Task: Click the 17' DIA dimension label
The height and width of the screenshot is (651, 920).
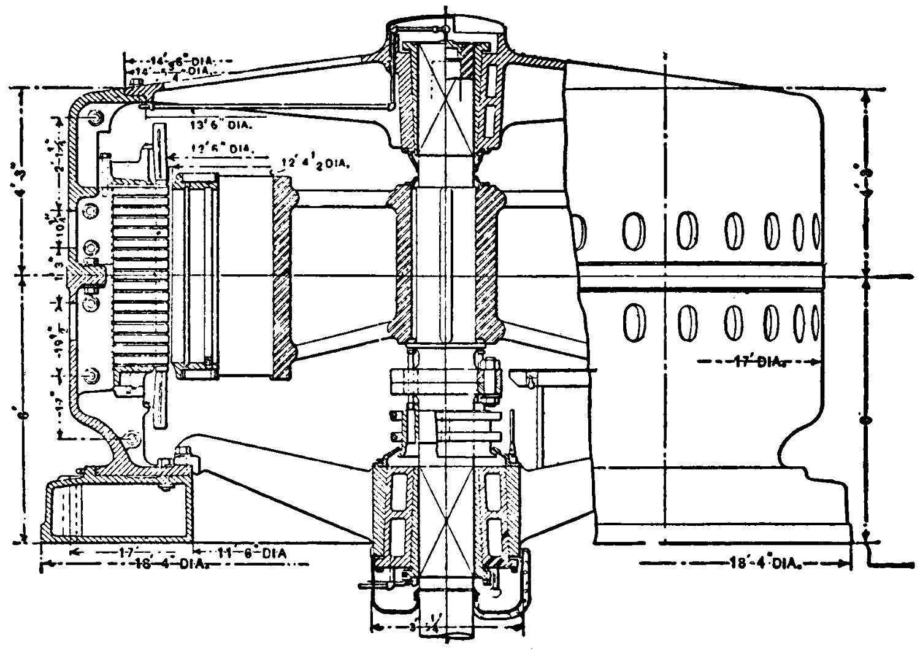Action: pos(756,363)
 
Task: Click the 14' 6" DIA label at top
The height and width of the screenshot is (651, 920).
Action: pos(178,60)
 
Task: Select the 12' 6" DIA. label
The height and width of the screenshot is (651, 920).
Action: pos(221,150)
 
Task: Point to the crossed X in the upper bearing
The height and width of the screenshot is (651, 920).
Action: pos(446,114)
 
